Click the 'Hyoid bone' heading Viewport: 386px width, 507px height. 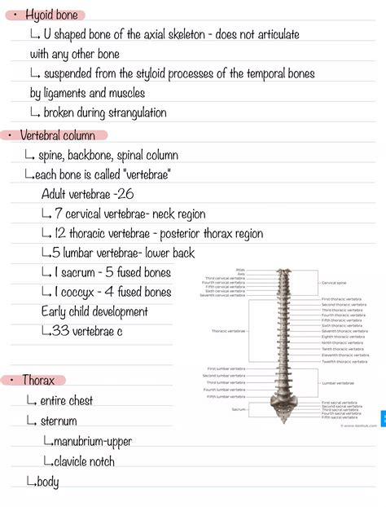point(47,15)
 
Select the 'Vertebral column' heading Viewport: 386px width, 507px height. point(58,135)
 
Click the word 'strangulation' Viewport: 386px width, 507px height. point(129,112)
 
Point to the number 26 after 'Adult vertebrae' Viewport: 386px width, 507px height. point(125,194)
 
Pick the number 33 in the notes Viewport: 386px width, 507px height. point(61,331)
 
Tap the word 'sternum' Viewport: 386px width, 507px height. point(59,421)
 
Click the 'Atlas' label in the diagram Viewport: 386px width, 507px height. point(240,271)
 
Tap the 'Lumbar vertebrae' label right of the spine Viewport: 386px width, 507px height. point(338,383)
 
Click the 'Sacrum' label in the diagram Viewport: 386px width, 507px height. point(239,409)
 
